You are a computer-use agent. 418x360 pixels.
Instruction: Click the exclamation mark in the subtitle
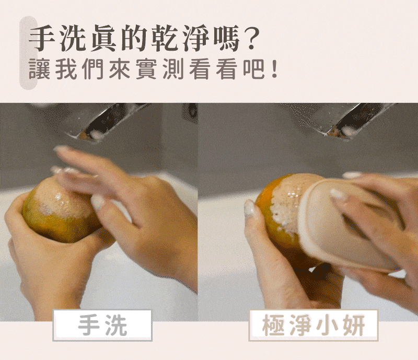[274, 70]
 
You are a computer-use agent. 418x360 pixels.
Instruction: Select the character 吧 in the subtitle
[253, 69]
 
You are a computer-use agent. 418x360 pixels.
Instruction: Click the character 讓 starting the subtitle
[39, 69]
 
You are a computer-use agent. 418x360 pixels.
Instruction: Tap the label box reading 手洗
[102, 325]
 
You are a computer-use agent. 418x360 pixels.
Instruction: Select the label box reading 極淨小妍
[313, 325]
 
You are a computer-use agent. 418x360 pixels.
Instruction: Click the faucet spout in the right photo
[346, 121]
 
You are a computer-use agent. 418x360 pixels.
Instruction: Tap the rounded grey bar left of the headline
[28, 53]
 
